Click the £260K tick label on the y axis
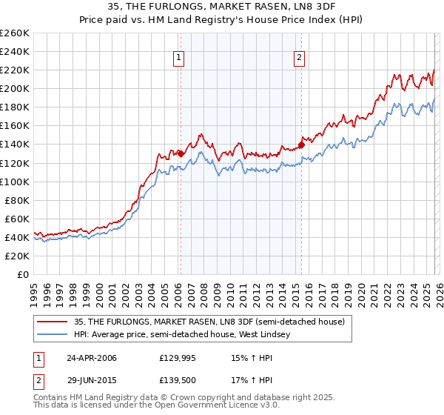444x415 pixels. [x=14, y=33]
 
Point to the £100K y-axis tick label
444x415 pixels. [x=14, y=182]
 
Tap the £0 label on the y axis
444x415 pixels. [x=23, y=274]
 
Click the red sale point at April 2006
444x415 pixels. [x=181, y=153]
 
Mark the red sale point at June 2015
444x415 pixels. [x=301, y=145]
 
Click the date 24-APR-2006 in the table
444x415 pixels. [x=92, y=358]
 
